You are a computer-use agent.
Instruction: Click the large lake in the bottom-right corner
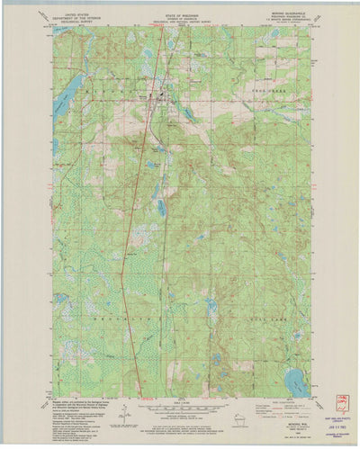click(x=299, y=383)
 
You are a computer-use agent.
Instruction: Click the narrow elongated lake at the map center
click(x=162, y=207)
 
